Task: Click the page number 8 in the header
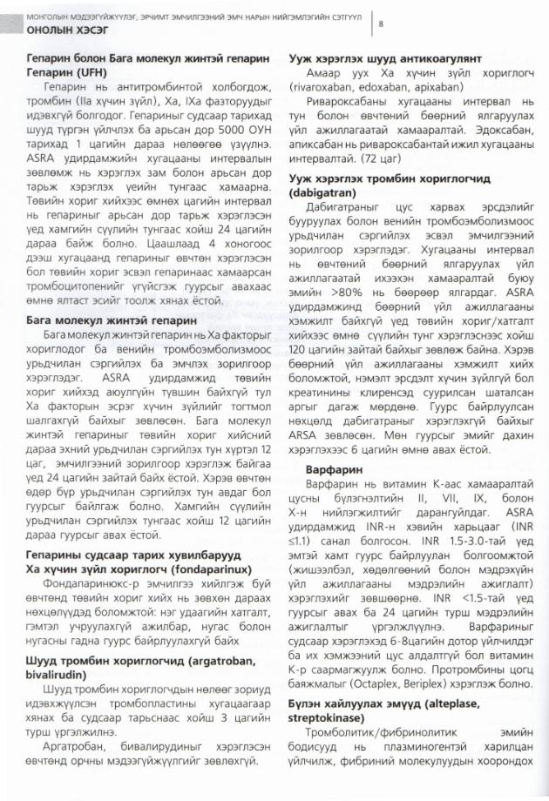(381, 24)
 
